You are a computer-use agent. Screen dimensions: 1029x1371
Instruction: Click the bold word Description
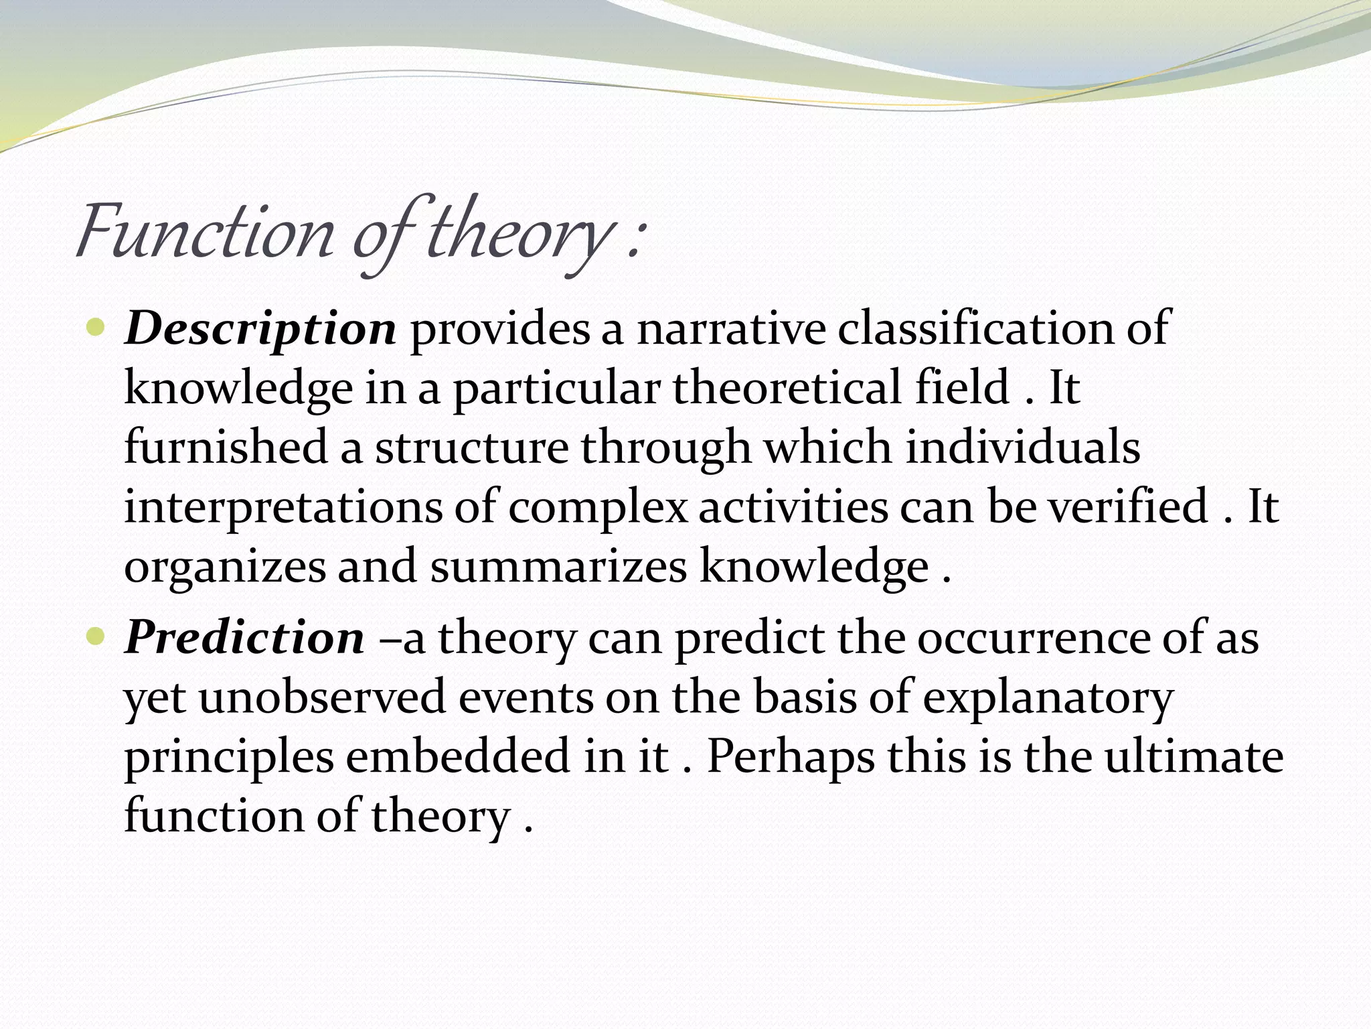click(x=260, y=330)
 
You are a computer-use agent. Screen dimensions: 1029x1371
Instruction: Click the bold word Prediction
click(x=245, y=638)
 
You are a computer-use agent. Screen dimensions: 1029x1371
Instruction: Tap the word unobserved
click(x=322, y=697)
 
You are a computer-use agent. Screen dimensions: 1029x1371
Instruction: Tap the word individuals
click(x=1023, y=447)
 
